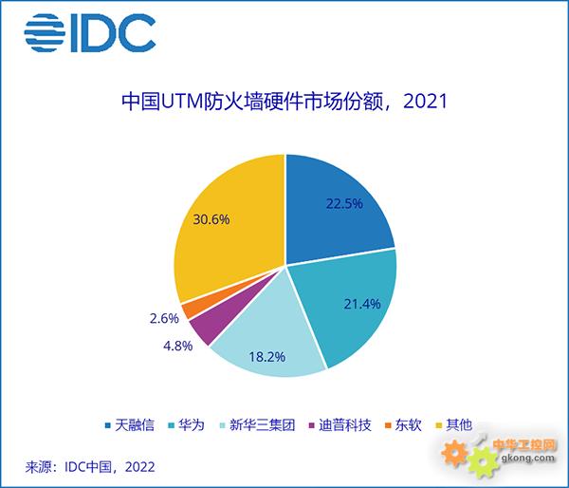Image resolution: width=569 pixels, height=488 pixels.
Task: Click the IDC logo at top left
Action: tap(90, 33)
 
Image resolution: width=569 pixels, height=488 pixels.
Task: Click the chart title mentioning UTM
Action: tap(284, 102)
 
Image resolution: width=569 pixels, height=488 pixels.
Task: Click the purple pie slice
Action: tap(218, 320)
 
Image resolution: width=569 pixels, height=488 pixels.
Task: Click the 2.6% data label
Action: tap(164, 319)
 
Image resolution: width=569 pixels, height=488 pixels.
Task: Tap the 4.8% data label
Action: tap(178, 346)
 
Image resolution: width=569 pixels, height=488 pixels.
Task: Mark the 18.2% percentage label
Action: tap(267, 357)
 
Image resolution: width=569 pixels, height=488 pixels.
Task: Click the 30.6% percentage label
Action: tap(211, 219)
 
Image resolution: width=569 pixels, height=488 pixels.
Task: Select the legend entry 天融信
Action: tap(130, 424)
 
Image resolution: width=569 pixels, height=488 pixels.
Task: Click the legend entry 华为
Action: tap(187, 424)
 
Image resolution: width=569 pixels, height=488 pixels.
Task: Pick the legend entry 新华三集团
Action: tap(257, 424)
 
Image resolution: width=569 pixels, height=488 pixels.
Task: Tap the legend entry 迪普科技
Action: tap(340, 424)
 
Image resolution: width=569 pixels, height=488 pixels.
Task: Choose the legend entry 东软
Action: tap(404, 424)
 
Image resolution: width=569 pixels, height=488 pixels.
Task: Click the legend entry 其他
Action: tap(454, 424)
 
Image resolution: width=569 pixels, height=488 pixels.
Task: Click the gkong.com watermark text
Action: tap(528, 458)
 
